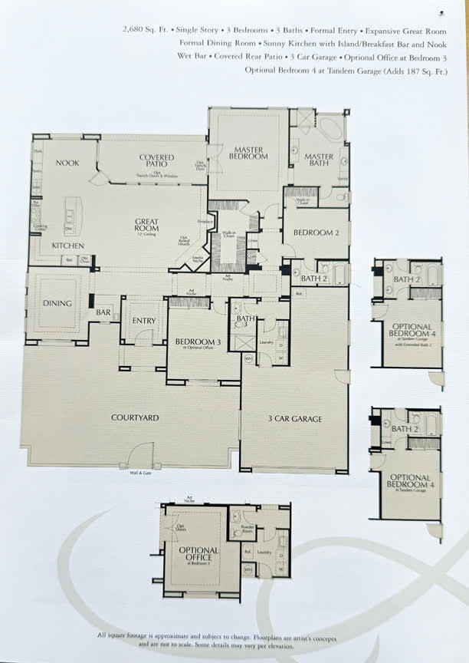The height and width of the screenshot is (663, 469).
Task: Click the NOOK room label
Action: coord(67,163)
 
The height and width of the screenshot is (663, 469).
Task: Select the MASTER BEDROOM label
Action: coord(251,153)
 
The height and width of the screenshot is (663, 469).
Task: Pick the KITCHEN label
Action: coord(67,246)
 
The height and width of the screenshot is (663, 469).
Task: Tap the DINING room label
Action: coord(57,303)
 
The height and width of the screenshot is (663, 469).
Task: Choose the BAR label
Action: coord(103,312)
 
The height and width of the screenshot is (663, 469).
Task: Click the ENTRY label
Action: coord(143,320)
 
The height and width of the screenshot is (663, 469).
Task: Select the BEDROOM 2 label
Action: coord(316,232)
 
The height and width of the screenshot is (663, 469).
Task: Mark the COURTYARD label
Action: coord(135,417)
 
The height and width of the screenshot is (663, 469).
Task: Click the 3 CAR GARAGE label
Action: coord(294,419)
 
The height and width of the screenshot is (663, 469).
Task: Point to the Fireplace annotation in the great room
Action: coord(205,222)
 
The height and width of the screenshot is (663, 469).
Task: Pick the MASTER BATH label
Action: coord(319,159)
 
